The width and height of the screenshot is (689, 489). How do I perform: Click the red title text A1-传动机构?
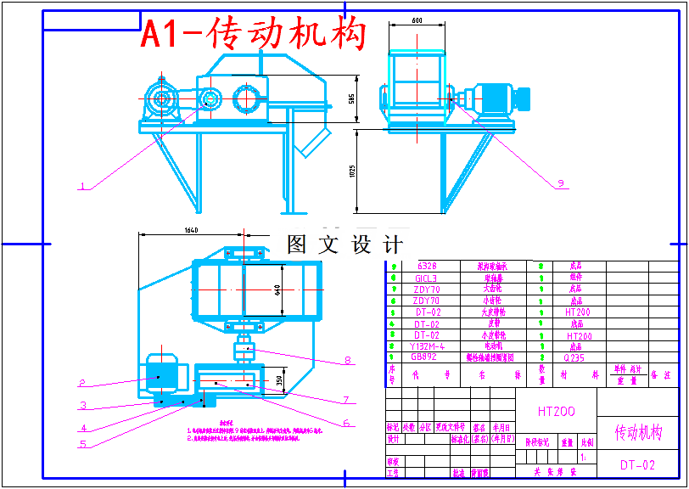pyautogui.click(x=253, y=34)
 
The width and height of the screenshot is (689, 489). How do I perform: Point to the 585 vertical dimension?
pyautogui.click(x=350, y=98)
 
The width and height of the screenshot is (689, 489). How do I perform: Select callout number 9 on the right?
pyautogui.click(x=560, y=183)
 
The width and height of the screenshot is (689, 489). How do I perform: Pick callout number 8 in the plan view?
pyautogui.click(x=347, y=360)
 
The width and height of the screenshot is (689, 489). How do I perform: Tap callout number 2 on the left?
pyautogui.click(x=82, y=382)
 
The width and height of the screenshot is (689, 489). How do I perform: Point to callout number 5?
pyautogui.click(x=82, y=442)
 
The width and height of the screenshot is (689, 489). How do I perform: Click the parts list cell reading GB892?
pyautogui.click(x=425, y=357)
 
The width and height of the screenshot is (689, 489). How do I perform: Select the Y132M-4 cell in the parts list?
pyautogui.click(x=427, y=346)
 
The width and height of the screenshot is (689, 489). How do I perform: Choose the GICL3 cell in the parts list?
pyautogui.click(x=425, y=278)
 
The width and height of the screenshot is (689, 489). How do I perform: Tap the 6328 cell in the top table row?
pyautogui.click(x=425, y=266)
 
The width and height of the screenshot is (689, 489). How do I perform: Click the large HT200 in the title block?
pyautogui.click(x=556, y=411)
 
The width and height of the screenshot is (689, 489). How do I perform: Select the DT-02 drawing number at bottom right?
pyautogui.click(x=636, y=464)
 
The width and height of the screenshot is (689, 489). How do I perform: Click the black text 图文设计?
pyautogui.click(x=345, y=245)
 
